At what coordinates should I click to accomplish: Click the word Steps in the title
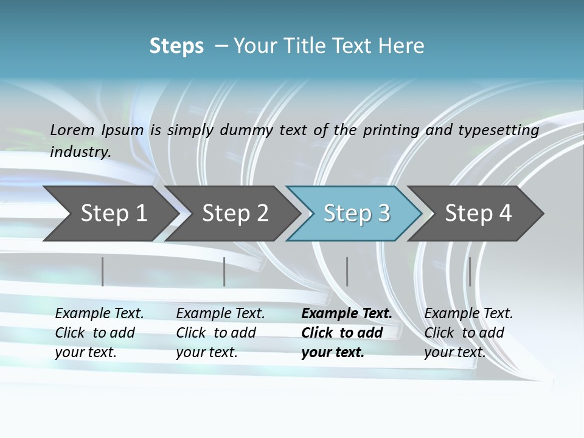tap(176, 46)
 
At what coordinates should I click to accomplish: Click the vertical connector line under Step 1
tap(103, 271)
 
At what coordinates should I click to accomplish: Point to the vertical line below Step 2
tap(224, 271)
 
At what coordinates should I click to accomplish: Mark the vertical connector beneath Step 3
tap(347, 271)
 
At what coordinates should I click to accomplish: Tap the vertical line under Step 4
tap(470, 271)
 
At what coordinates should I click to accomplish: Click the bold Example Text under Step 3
tap(347, 333)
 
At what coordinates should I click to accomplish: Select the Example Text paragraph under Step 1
tap(99, 333)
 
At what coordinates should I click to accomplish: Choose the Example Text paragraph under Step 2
tap(220, 333)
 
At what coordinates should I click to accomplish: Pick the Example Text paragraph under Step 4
tap(468, 333)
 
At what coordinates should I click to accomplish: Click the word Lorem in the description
tap(72, 130)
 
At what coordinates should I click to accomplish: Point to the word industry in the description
tap(80, 151)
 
